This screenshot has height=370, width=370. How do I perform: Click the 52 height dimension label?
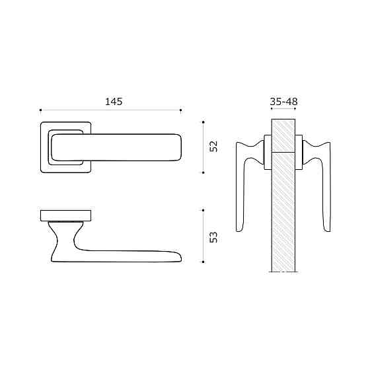point(213,147)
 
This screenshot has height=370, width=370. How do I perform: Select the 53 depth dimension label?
point(213,237)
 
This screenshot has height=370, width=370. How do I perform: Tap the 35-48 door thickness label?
point(283,102)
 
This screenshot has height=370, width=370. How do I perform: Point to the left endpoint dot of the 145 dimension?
point(41,110)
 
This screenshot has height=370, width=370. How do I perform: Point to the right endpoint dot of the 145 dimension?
point(181,110)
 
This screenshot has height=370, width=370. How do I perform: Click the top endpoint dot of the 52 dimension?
point(203,122)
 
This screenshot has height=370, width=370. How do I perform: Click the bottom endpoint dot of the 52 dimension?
point(203,172)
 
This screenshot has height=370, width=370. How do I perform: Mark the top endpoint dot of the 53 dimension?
point(203,211)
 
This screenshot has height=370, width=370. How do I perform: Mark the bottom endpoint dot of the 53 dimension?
point(203,262)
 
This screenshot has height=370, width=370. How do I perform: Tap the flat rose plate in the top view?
point(66,215)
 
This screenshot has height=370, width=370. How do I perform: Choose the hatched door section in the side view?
point(283,211)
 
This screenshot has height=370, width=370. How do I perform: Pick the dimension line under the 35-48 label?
point(283,110)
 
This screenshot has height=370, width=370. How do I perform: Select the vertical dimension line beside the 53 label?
point(203,237)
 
